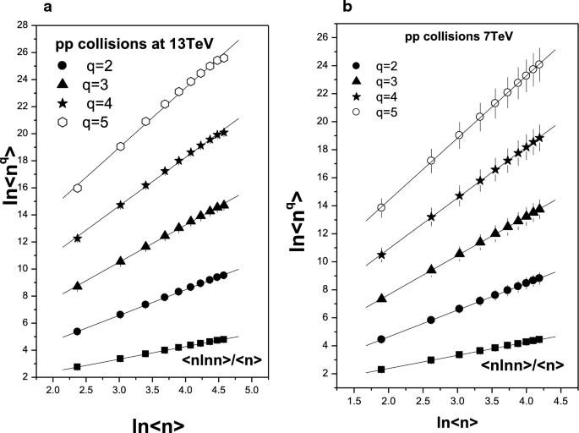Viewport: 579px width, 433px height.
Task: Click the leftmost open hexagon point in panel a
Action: [x=77, y=188]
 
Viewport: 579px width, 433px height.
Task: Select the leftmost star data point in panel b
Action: [x=381, y=255]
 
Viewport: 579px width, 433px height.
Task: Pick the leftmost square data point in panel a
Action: [x=77, y=366]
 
